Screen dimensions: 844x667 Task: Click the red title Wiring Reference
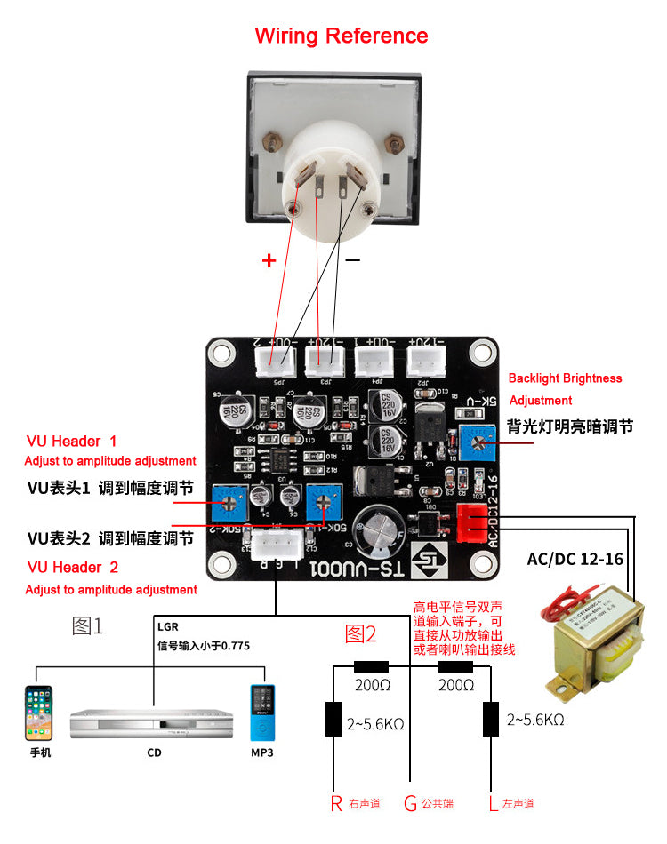click(x=342, y=36)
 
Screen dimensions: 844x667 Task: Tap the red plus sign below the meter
click(x=269, y=260)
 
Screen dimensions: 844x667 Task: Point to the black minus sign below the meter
click(x=352, y=259)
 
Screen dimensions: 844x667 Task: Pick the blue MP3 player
click(x=261, y=713)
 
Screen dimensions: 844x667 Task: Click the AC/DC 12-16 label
click(x=575, y=559)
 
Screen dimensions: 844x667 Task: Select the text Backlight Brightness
click(x=566, y=378)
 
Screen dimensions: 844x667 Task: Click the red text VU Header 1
click(x=72, y=441)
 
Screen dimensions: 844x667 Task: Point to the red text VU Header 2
click(x=73, y=567)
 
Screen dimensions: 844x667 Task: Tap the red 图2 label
click(x=360, y=633)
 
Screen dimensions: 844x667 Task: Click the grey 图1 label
click(x=87, y=625)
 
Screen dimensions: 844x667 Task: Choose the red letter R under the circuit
click(x=336, y=804)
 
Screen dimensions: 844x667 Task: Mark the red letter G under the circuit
click(x=410, y=804)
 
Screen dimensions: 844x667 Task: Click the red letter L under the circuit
click(x=493, y=804)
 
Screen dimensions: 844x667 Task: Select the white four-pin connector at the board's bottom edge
click(x=276, y=545)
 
